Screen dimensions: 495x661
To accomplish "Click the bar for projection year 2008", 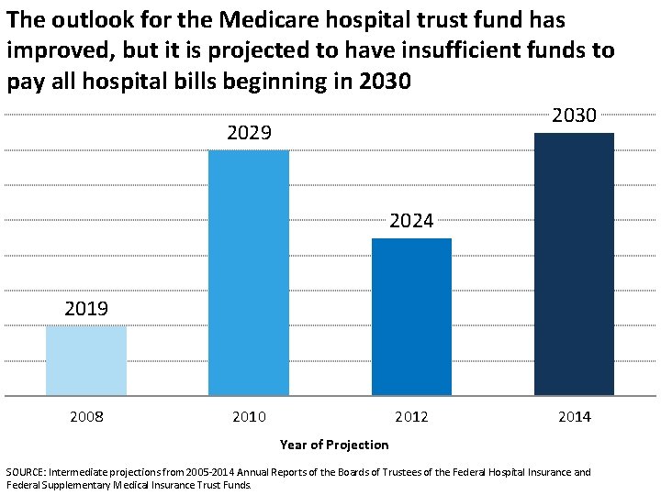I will click(x=86, y=361).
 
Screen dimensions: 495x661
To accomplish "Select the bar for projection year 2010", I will click(x=249, y=272).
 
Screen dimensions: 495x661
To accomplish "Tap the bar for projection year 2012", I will click(x=411, y=317).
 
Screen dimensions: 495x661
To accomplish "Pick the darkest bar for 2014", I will click(x=574, y=264).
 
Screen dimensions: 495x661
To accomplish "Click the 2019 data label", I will click(x=86, y=309).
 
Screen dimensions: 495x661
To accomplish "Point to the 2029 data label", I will click(x=249, y=134).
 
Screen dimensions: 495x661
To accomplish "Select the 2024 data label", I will click(x=411, y=221).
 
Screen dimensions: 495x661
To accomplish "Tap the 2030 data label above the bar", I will click(x=574, y=115).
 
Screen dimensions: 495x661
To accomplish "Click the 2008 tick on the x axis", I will click(x=86, y=417).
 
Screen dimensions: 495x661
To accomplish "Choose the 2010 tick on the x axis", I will click(x=249, y=417).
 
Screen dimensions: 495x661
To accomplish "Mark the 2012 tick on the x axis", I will click(x=411, y=417).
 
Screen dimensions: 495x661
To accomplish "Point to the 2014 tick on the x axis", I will click(x=574, y=417).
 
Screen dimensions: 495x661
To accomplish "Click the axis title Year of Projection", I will click(x=334, y=445).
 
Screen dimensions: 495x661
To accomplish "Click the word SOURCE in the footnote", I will click(x=27, y=472).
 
